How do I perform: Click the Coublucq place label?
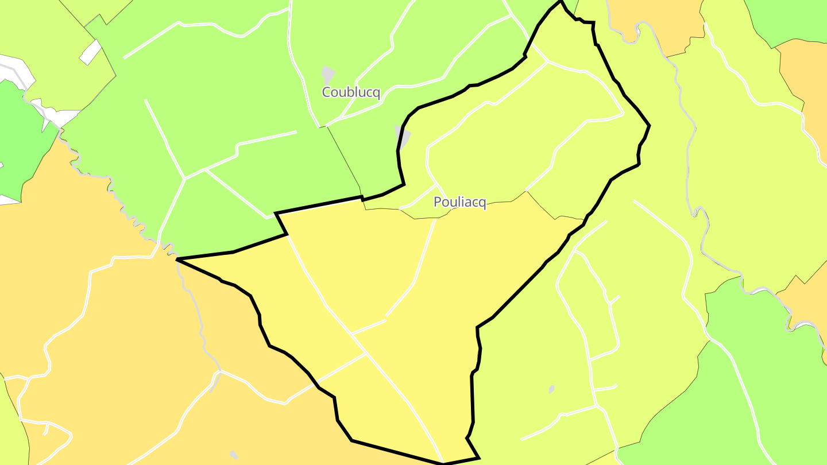(x=351, y=92)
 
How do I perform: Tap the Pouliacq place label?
(x=459, y=202)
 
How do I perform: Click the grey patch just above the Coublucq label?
(x=327, y=75)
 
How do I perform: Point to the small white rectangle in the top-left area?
(x=90, y=52)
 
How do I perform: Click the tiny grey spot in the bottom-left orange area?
(x=233, y=455)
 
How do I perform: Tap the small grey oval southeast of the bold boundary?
(x=551, y=389)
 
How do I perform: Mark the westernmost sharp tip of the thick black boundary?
(x=177, y=260)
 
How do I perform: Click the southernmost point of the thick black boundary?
(x=444, y=463)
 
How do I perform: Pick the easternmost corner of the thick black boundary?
(x=649, y=125)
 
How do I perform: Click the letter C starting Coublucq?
(x=327, y=92)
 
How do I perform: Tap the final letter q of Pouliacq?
(x=482, y=203)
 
